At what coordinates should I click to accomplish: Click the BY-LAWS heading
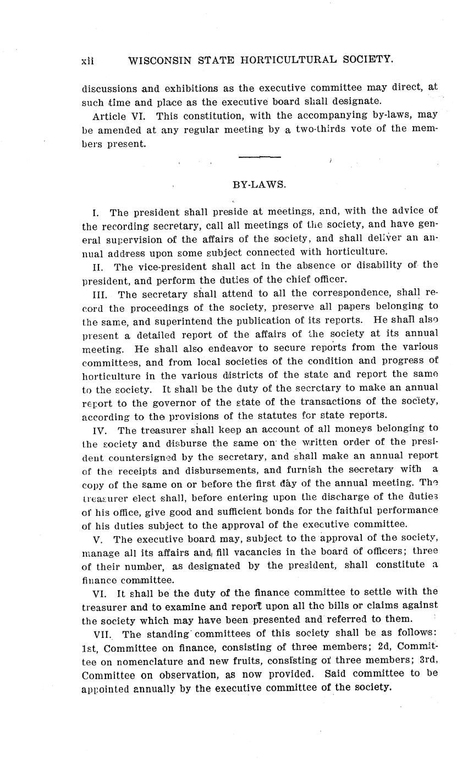pyautogui.click(x=260, y=185)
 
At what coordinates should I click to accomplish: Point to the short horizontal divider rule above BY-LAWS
pyautogui.click(x=260, y=157)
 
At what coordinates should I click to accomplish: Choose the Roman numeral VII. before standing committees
pyautogui.click(x=104, y=633)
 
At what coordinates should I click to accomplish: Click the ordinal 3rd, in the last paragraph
pyautogui.click(x=427, y=660)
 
